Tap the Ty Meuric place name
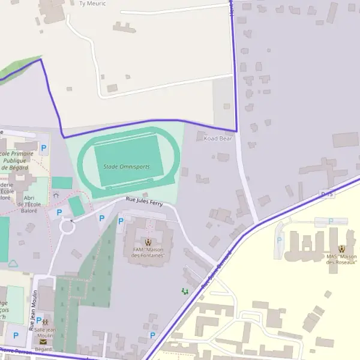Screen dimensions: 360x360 (92, 4)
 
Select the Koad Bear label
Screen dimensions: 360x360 (218, 139)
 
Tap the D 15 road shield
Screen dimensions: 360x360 (327, 194)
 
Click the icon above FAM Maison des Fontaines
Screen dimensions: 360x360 (148, 242)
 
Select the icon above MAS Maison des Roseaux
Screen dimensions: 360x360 (341, 249)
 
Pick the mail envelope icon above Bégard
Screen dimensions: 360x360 (43, 341)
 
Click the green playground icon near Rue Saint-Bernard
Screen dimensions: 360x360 (185, 291)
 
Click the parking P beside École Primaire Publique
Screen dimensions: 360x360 (43, 147)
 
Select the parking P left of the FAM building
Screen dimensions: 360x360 (121, 221)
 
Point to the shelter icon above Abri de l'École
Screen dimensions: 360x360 (56, 194)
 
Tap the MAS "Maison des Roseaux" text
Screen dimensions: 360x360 (341, 259)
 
